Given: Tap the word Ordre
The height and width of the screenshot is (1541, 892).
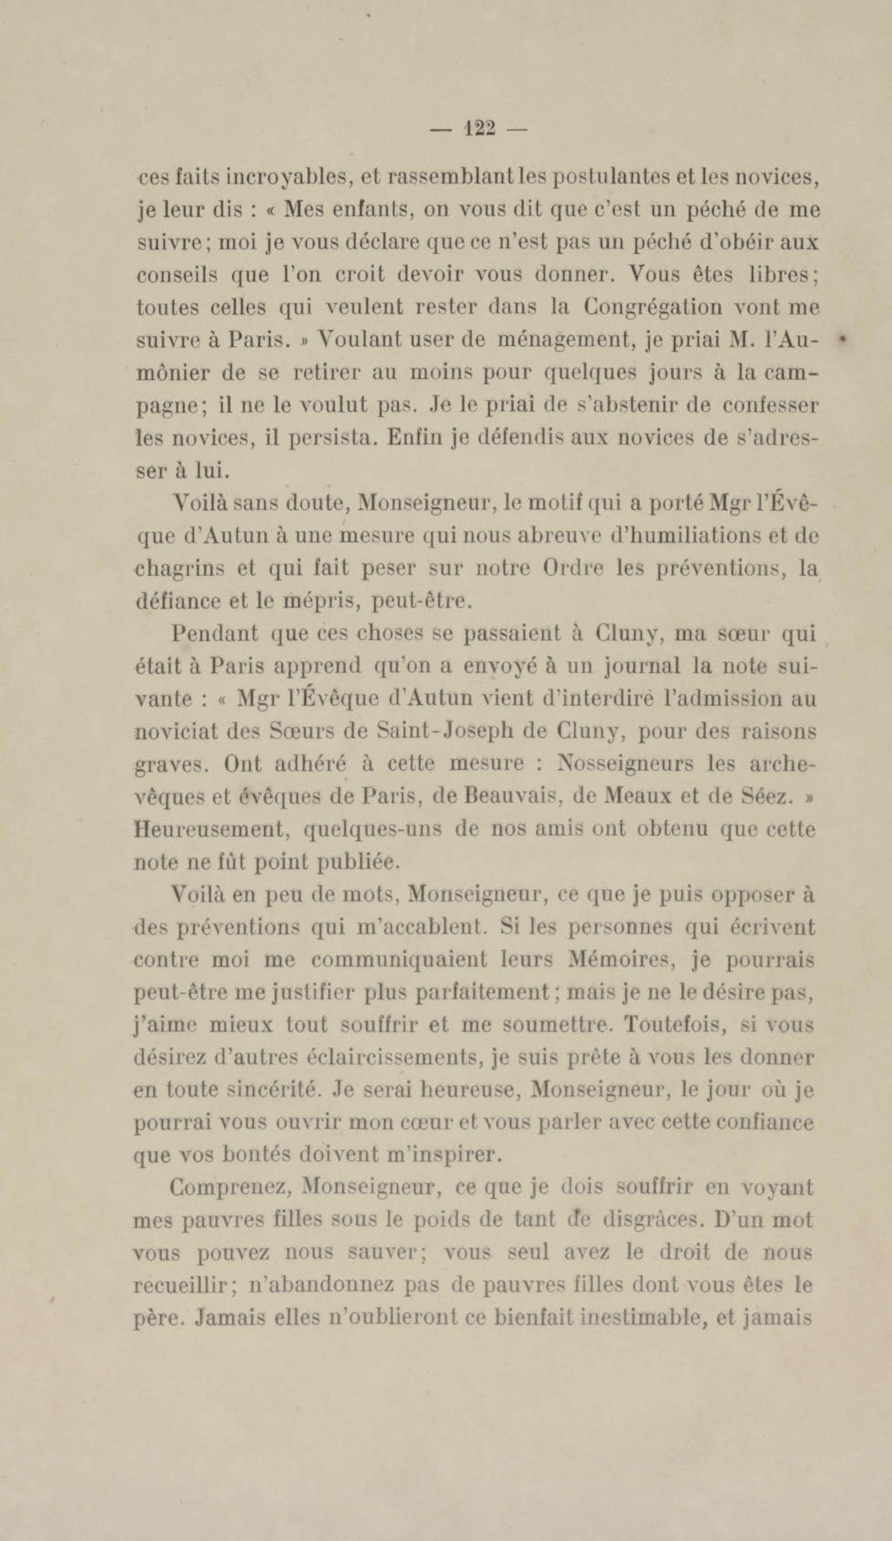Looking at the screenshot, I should pyautogui.click(x=573, y=568).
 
